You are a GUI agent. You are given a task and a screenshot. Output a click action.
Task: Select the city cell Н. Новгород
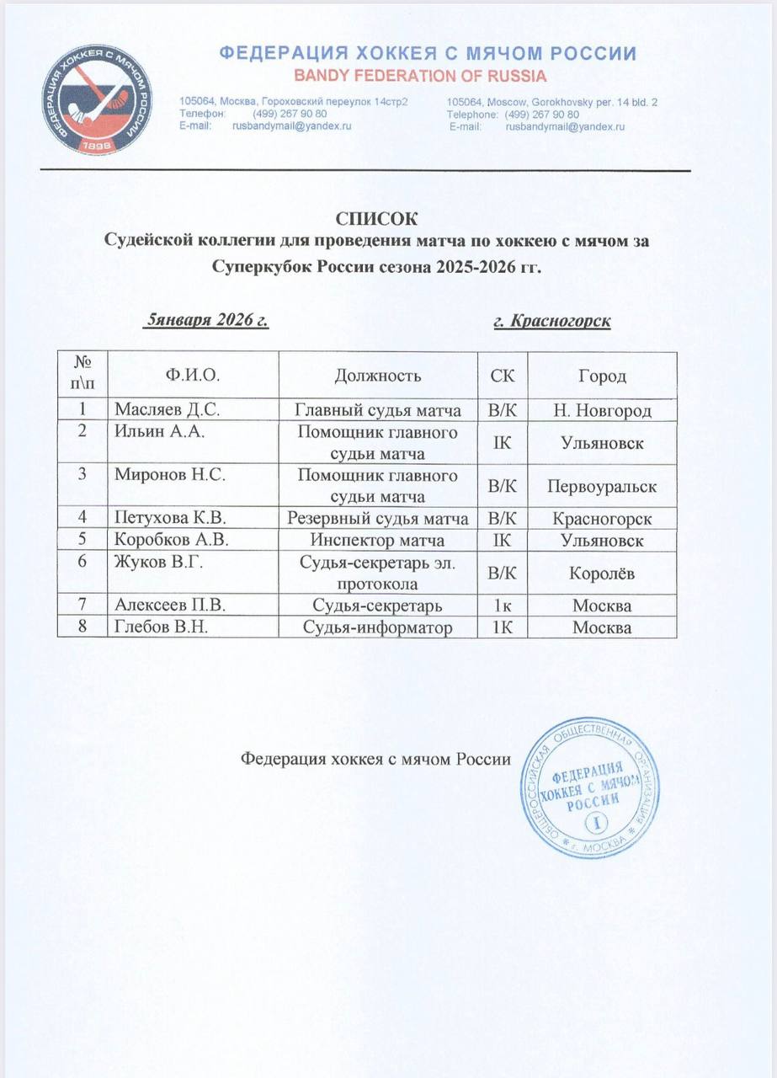click(x=602, y=410)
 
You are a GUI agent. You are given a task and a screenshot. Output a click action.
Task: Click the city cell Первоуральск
click(x=602, y=487)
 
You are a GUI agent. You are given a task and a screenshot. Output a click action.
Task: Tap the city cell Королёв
click(x=602, y=574)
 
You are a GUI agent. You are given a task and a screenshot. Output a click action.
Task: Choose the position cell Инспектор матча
click(x=377, y=541)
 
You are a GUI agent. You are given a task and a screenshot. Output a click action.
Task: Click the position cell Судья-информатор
click(x=377, y=627)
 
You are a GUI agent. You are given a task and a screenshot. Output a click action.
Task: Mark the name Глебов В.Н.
click(x=154, y=627)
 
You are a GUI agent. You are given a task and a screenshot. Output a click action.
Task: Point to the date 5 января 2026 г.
click(x=207, y=320)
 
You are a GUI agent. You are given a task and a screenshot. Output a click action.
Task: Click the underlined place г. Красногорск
click(x=551, y=321)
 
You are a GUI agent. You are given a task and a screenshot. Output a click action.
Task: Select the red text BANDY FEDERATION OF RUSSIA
click(x=419, y=77)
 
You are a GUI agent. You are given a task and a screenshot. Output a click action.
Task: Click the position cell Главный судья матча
click(x=377, y=410)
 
